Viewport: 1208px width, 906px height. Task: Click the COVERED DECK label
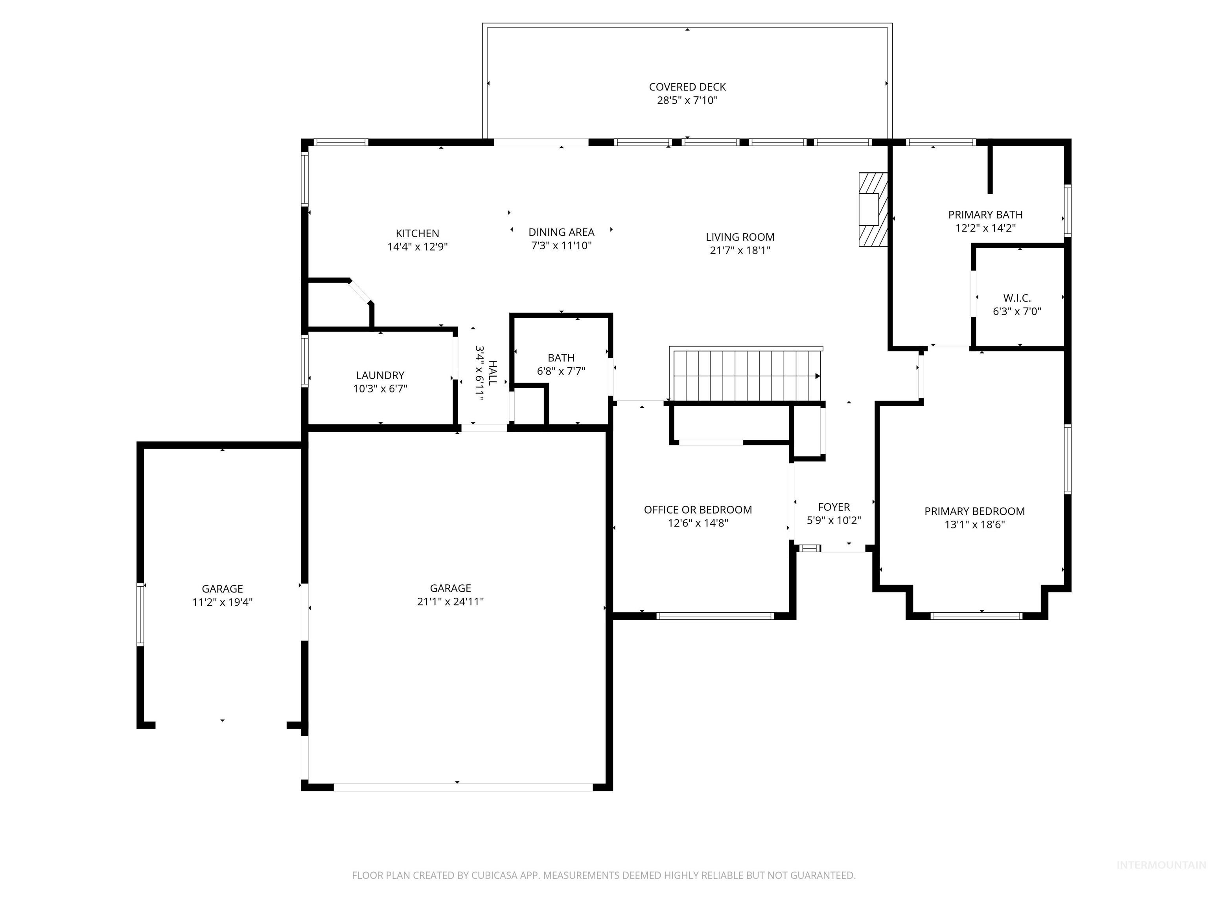(x=687, y=87)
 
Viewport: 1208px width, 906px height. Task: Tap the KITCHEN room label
(x=417, y=233)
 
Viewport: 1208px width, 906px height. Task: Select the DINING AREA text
(x=562, y=232)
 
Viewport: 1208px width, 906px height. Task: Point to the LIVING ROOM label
(x=740, y=237)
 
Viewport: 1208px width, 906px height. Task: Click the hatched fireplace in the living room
(x=873, y=210)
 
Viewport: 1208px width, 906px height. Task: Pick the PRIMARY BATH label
(x=985, y=215)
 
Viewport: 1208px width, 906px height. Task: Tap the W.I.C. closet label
(x=1017, y=298)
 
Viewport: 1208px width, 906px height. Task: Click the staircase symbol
(x=746, y=375)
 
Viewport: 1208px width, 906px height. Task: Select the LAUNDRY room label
(x=380, y=375)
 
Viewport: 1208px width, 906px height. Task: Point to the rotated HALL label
(x=493, y=373)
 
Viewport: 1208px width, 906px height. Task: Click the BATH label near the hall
(x=561, y=358)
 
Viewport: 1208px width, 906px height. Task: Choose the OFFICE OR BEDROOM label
(x=698, y=510)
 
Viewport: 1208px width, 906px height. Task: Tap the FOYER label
(x=834, y=507)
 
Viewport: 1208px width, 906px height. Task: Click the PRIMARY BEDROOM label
(x=974, y=511)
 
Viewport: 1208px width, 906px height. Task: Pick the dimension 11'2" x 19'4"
(x=222, y=602)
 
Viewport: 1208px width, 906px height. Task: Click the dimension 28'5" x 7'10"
(x=687, y=100)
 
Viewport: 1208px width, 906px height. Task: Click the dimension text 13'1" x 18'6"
(x=974, y=524)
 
